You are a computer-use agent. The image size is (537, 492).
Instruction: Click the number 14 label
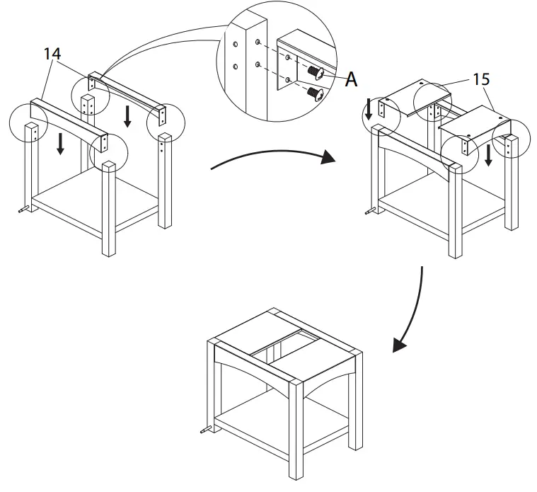coord(51,54)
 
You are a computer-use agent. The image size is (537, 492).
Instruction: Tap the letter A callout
coord(350,80)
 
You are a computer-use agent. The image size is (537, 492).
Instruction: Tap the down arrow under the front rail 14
coord(60,144)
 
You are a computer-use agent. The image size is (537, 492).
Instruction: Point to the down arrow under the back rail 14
coord(127,117)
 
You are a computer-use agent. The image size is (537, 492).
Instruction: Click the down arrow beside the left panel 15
coord(369,110)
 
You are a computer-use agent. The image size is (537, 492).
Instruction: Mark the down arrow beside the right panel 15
coord(487,154)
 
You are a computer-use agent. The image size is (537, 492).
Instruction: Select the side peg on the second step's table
coord(369,210)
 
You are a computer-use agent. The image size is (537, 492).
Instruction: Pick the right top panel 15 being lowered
coord(474,127)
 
